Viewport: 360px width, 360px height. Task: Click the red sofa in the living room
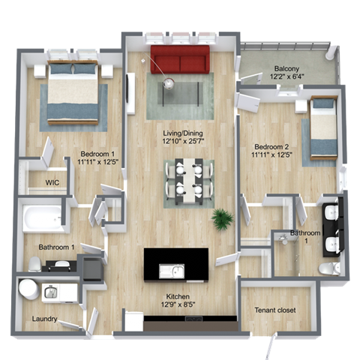(180, 58)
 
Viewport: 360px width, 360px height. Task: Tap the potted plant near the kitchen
(222, 219)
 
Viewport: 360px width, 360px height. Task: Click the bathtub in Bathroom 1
(40, 218)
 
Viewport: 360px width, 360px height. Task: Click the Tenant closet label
(274, 310)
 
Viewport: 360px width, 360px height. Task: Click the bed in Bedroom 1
(73, 92)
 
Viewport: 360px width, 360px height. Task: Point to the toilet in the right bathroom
(328, 268)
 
